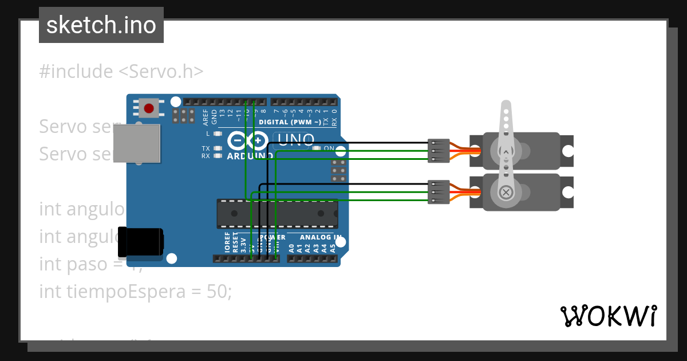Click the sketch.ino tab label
coord(101,25)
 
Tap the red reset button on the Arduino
coord(149,108)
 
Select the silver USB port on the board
coord(136,144)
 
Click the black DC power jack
coord(140,242)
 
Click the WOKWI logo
coord(608,316)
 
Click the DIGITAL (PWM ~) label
coord(290,122)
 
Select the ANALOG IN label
coord(321,237)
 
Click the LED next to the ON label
coord(317,148)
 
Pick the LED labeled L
coord(217,134)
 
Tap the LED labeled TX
coord(217,148)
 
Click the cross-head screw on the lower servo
coord(506,192)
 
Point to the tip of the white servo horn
coord(506,105)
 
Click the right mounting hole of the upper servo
coord(567,151)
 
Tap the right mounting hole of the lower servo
coord(567,192)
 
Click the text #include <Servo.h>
coord(121,72)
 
